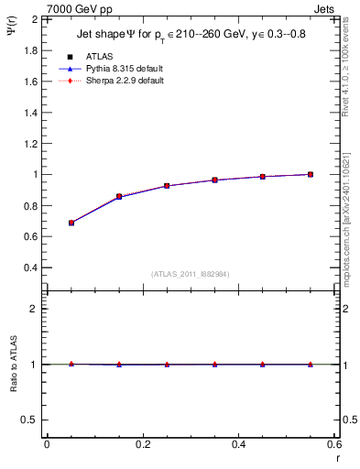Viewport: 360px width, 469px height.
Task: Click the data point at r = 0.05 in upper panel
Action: (71, 223)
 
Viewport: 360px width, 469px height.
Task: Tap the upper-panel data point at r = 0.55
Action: (311, 174)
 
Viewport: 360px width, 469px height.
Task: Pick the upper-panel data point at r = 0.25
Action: (167, 186)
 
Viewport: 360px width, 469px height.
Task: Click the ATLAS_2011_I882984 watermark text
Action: (191, 273)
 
